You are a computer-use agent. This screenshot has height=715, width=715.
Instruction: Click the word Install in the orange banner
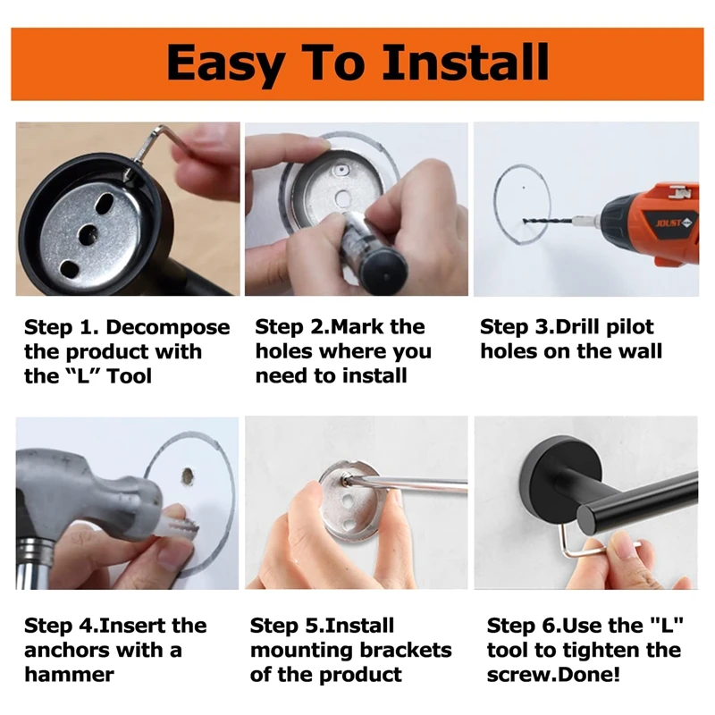tap(466, 62)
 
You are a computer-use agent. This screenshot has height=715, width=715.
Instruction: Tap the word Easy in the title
tap(226, 63)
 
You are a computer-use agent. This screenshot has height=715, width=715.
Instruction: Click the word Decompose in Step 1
tap(168, 328)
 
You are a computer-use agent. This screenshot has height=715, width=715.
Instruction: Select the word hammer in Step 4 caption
tap(70, 675)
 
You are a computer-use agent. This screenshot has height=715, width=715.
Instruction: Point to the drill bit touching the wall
tap(547, 221)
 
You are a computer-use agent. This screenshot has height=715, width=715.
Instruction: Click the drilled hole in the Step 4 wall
tap(188, 476)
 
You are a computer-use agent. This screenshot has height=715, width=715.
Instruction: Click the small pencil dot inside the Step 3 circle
tap(524, 188)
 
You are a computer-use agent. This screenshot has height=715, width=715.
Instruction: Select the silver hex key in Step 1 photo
tap(150, 146)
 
